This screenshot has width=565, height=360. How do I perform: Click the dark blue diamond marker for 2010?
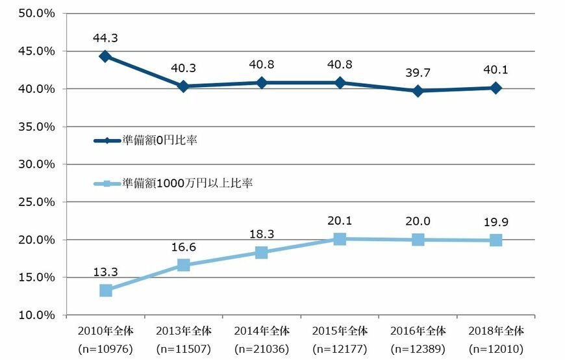pyautogui.click(x=105, y=57)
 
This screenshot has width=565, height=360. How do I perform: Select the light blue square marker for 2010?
pyautogui.click(x=105, y=290)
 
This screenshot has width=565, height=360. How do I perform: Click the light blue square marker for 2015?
pyautogui.click(x=340, y=239)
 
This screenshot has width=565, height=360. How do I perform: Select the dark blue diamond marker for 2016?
pyautogui.click(x=418, y=91)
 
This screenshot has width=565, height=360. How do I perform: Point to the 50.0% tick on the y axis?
pyautogui.click(x=38, y=14)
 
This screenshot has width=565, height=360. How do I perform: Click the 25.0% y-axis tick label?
pyautogui.click(x=38, y=202)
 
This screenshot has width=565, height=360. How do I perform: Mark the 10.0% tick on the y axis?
pyautogui.click(x=38, y=315)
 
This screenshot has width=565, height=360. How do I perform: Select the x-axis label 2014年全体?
pyautogui.click(x=261, y=330)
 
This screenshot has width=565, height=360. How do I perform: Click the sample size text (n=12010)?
pyautogui.click(x=496, y=349)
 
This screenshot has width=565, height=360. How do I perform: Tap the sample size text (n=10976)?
pyautogui.click(x=105, y=349)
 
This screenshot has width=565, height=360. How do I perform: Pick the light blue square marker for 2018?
pyautogui.click(x=496, y=240)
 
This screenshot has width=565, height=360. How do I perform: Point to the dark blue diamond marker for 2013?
pyautogui.click(x=183, y=86)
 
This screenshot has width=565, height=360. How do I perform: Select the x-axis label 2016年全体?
pyautogui.click(x=418, y=330)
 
